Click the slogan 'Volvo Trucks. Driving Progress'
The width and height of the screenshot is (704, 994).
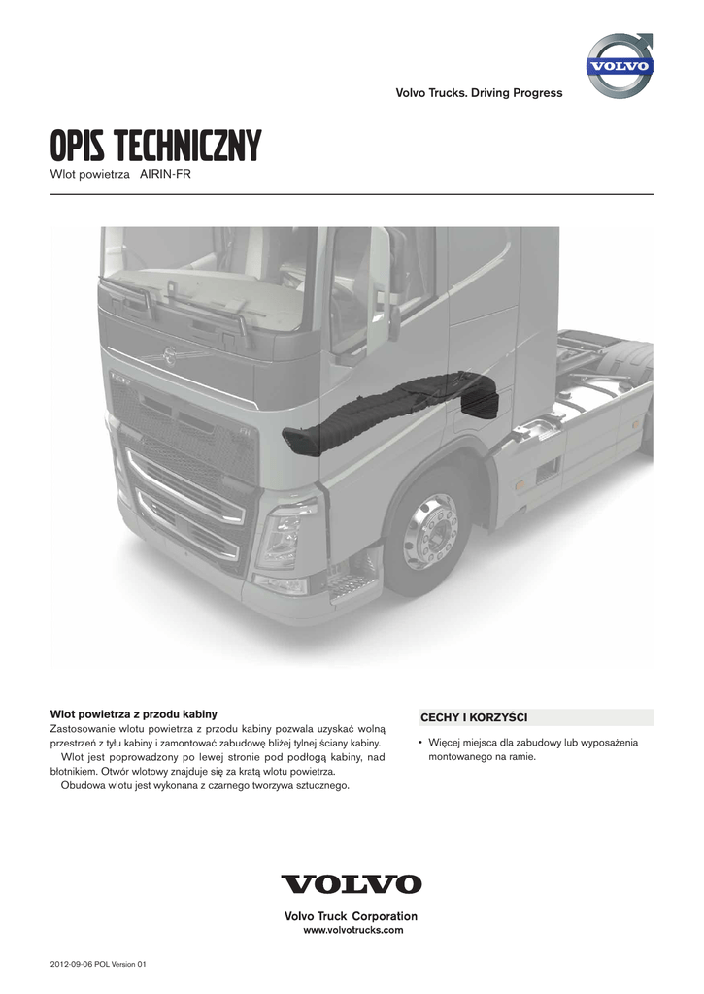tap(479, 93)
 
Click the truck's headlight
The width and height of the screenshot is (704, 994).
tap(282, 535)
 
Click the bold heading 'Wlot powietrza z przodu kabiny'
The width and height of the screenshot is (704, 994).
tap(134, 713)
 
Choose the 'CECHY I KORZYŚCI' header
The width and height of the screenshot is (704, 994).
tap(473, 717)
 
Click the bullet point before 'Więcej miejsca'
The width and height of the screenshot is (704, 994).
tap(420, 743)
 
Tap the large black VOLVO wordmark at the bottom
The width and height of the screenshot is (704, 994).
tap(352, 884)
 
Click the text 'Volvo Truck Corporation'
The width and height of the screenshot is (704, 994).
tap(352, 916)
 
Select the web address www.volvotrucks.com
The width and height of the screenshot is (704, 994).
tap(352, 930)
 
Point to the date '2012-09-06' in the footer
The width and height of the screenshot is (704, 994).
tap(73, 964)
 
